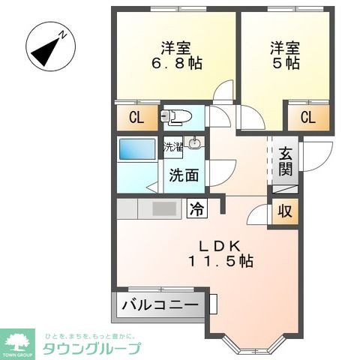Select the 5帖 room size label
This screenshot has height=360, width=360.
point(285,63)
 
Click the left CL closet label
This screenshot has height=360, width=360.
point(136,117)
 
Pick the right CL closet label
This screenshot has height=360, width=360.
point(307,117)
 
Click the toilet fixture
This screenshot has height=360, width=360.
point(177,116)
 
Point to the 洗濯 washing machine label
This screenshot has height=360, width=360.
point(173,147)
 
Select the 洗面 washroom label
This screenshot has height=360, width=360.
point(183,175)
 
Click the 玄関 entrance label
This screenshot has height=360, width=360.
point(286,161)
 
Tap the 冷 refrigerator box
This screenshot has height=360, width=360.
point(197,208)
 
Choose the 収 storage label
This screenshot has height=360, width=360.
point(285,211)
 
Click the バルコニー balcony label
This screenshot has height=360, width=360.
point(161,305)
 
